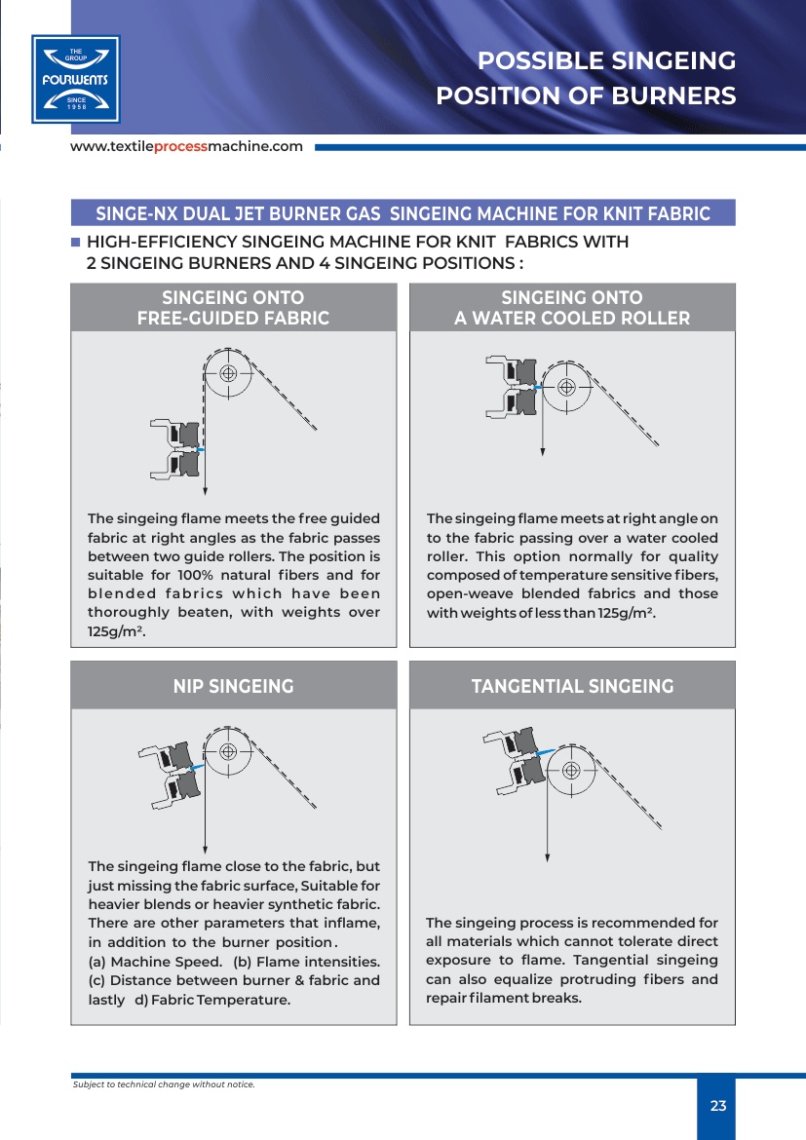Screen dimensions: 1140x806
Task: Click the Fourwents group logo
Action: pos(76,79)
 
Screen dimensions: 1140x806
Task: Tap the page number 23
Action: pos(718,1106)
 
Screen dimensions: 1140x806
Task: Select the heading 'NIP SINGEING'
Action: pos(233,686)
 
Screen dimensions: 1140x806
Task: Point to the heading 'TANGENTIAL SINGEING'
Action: pos(572,686)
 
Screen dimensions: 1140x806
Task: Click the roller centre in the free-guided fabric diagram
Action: pos(228,373)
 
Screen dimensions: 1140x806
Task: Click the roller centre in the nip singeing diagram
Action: pos(228,751)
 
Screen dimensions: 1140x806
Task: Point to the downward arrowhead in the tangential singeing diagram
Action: pos(548,857)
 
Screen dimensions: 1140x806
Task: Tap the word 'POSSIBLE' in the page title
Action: pos(536,61)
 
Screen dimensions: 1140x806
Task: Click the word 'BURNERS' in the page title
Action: pos(682,96)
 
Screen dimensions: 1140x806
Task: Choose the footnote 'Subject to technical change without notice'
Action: pos(164,1083)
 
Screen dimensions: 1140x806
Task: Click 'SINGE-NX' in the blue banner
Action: pos(134,213)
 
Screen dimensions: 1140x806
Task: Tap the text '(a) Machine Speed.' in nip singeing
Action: pos(154,962)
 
